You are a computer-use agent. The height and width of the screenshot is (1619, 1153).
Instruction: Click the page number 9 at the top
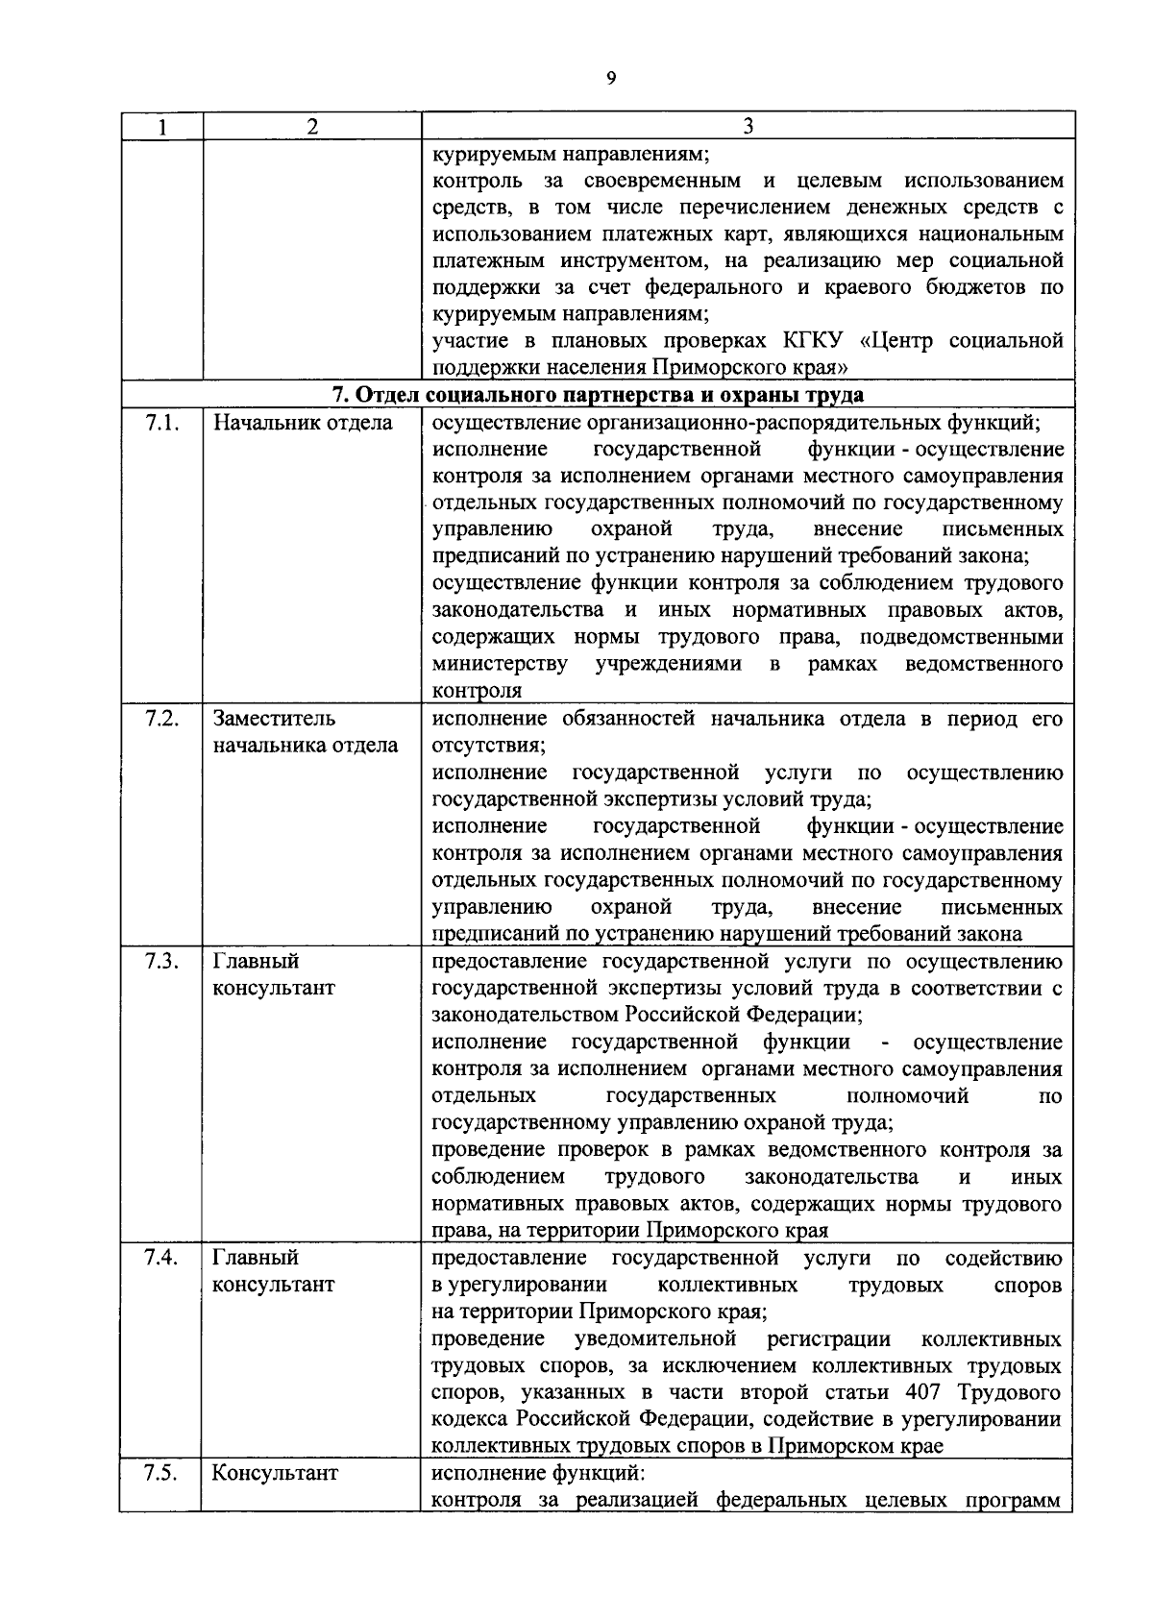tap(611, 80)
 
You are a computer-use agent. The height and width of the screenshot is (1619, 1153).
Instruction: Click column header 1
tap(160, 126)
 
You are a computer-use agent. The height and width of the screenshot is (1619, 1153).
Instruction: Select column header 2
tap(311, 126)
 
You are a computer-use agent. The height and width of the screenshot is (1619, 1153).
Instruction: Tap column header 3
tap(748, 126)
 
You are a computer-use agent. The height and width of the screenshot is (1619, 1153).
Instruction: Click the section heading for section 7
tap(597, 395)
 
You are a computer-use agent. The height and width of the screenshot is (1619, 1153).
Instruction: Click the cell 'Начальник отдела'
tap(302, 423)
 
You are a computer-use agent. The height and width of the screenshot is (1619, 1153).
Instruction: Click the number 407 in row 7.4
tap(923, 1392)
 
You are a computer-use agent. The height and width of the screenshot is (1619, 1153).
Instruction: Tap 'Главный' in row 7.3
tap(255, 961)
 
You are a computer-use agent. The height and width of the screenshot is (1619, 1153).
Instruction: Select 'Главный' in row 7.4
tap(255, 1258)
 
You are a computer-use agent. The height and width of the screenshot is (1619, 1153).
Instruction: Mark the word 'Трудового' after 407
tap(1013, 1392)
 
